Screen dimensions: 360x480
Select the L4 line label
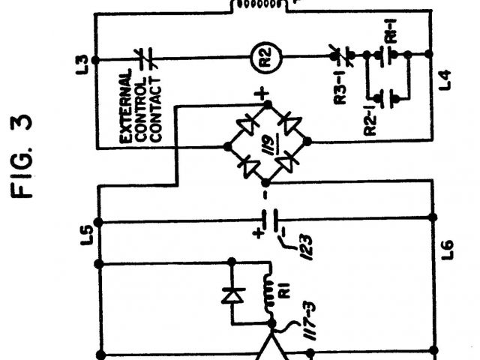[447, 77]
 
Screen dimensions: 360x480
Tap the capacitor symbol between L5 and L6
[270, 221]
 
